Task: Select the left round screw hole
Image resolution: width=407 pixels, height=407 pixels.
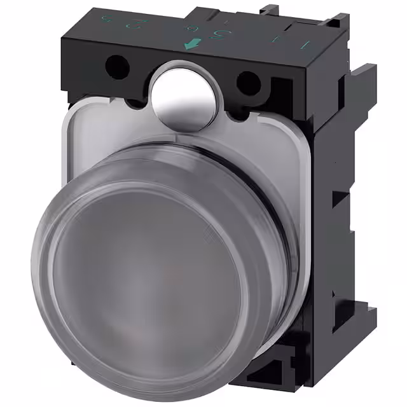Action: [116, 64]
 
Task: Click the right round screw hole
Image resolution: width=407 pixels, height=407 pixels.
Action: [247, 82]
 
